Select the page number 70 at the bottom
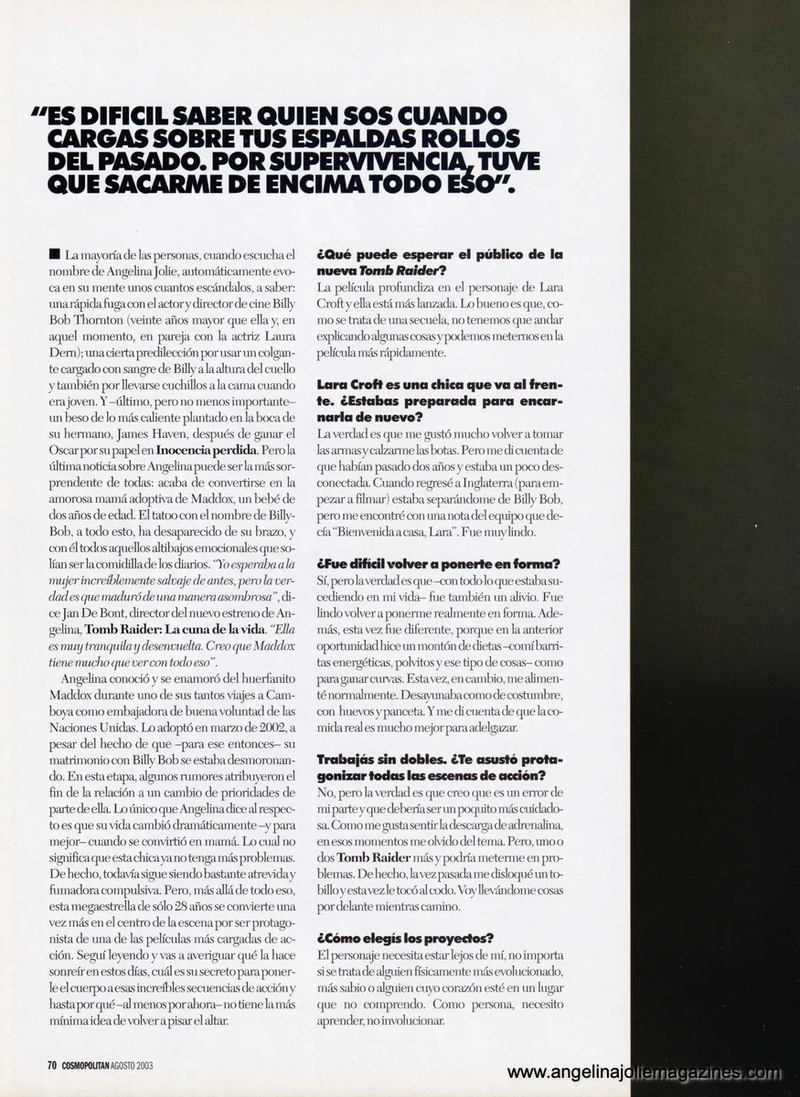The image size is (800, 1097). [53, 1063]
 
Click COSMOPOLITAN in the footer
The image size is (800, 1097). [95, 1063]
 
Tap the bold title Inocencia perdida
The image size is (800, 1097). [207, 452]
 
